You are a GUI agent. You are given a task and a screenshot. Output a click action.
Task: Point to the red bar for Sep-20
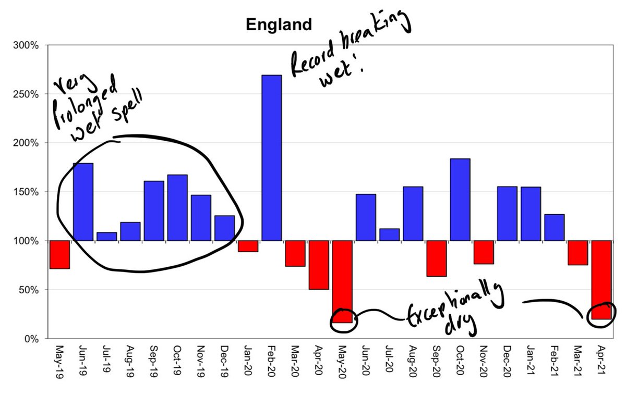coord(436,258)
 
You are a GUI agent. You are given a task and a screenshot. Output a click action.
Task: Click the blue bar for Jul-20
coord(389,234)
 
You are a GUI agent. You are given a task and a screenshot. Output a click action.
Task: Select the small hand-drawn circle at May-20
coord(344,319)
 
